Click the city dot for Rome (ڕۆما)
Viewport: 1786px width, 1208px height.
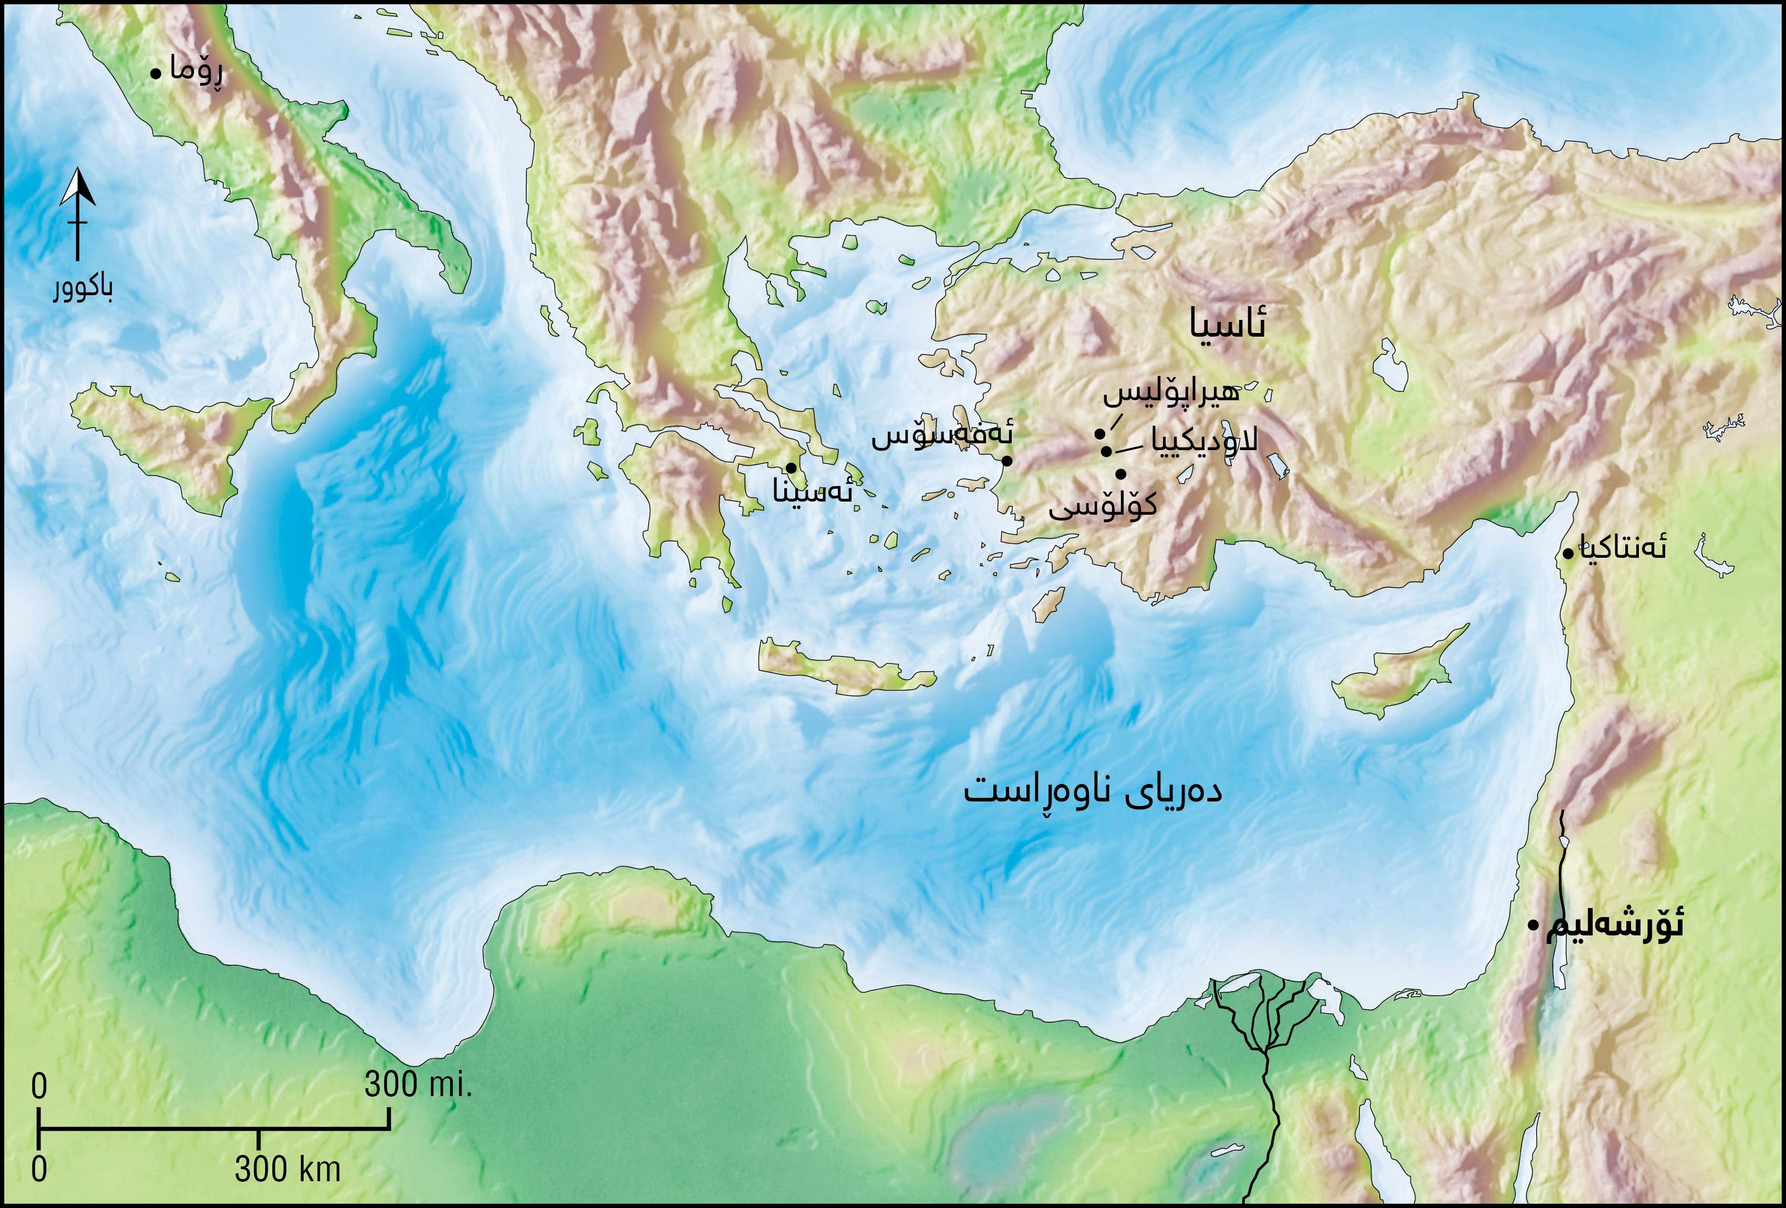coord(155,74)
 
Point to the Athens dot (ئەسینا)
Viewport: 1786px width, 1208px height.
coord(790,467)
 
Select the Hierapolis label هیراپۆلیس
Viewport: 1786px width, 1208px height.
coord(1171,393)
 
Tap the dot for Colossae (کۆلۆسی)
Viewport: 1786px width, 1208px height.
coord(1120,474)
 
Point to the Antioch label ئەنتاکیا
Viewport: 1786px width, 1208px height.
coord(1622,547)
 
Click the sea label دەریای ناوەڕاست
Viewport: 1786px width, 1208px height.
coord(1093,792)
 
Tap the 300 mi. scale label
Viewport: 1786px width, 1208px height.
coord(417,1084)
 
